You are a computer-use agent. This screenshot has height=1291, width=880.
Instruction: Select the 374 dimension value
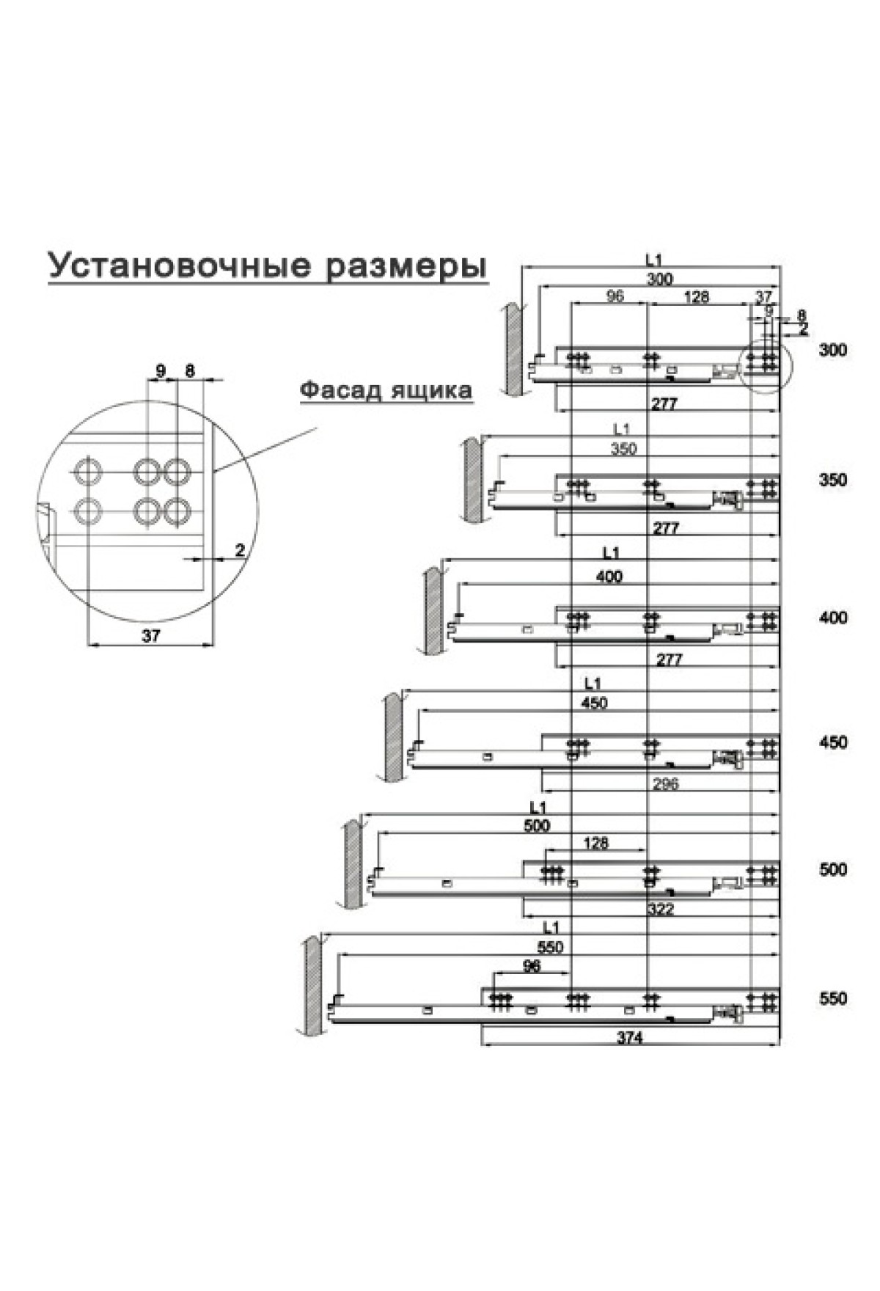(x=629, y=1038)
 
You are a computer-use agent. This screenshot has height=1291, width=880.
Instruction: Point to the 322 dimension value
(x=661, y=910)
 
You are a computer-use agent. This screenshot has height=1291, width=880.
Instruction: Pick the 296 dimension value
(x=665, y=784)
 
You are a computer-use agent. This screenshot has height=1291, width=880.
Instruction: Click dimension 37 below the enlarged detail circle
(x=151, y=636)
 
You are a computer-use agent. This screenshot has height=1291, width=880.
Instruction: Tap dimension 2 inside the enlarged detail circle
(x=240, y=549)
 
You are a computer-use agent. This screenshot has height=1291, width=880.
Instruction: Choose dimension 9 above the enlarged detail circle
(x=161, y=370)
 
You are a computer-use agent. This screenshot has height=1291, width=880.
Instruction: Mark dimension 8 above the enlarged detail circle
(x=189, y=370)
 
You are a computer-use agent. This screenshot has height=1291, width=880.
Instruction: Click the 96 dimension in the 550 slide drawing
(x=531, y=966)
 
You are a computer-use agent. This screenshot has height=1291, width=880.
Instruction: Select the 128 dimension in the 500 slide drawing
(x=596, y=843)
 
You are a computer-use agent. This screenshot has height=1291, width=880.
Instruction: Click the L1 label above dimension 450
(x=593, y=684)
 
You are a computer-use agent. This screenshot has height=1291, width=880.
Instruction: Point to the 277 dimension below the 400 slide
(x=669, y=659)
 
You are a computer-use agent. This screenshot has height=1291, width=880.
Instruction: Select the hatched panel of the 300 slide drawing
(x=513, y=351)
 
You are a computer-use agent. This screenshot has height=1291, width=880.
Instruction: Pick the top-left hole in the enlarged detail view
(x=87, y=469)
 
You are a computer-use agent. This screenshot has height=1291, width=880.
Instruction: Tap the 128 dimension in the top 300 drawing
(x=695, y=296)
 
